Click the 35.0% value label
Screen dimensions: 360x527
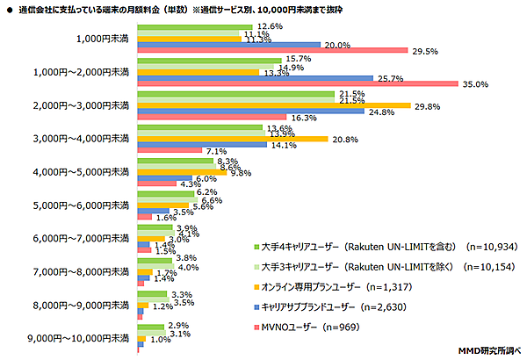475,84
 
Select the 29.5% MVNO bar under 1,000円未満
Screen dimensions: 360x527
273,51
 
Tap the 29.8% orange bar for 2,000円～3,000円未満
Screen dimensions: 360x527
274,106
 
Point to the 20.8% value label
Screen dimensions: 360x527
345,140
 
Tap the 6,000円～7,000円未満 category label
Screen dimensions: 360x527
86,239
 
